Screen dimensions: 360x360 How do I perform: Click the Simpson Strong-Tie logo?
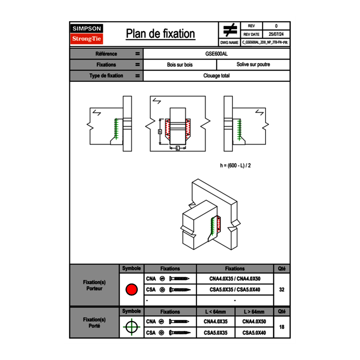(x=87, y=34)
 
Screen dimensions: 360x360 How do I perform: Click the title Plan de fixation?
(x=160, y=34)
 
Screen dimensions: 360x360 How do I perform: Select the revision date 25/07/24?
(x=276, y=34)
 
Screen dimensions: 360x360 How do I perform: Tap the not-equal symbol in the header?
(x=230, y=30)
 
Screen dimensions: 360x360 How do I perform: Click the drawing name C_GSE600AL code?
(x=265, y=43)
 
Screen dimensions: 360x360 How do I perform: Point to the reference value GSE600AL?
(x=216, y=54)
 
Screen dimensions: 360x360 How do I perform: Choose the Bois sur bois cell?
(x=180, y=65)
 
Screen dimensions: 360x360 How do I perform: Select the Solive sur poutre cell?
(x=253, y=65)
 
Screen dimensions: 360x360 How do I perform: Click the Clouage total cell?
(x=216, y=76)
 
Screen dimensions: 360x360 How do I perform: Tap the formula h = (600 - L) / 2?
(x=235, y=166)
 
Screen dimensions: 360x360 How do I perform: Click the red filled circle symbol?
(x=131, y=290)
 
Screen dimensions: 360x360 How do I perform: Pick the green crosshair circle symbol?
(x=131, y=327)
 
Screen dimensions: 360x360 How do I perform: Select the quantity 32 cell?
(x=281, y=290)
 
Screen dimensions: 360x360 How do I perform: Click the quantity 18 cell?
(x=281, y=327)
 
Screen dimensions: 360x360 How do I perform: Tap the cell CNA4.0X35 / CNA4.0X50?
(x=235, y=279)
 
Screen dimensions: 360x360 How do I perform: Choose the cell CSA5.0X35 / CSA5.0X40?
(x=235, y=290)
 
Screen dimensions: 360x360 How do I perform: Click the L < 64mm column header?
(x=216, y=312)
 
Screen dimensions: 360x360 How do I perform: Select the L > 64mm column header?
(x=254, y=312)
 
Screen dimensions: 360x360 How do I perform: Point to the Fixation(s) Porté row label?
(x=94, y=323)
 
